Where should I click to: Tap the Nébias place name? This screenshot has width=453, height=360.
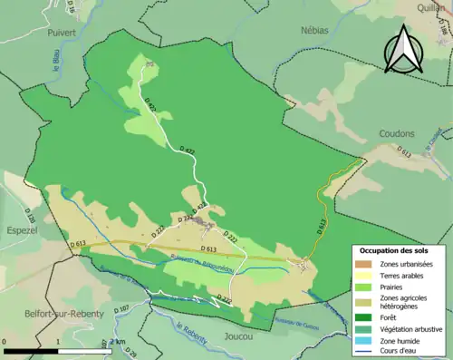pyautogui.click(x=315, y=29)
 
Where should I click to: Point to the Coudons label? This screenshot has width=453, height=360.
pyautogui.click(x=395, y=133)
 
